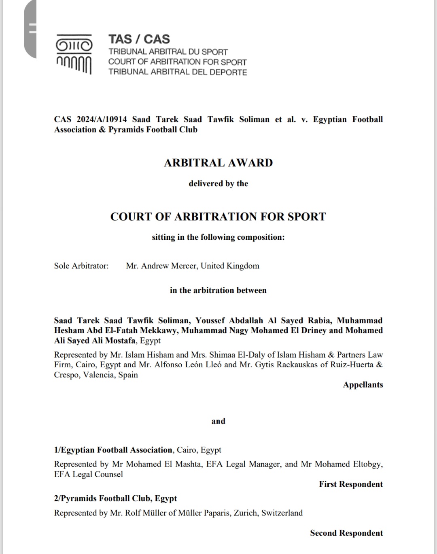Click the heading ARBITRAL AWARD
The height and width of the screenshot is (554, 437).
click(x=218, y=163)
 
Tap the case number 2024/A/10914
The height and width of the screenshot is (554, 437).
click(x=101, y=119)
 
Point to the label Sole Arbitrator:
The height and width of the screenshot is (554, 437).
click(x=81, y=266)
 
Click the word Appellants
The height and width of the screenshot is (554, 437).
click(x=363, y=385)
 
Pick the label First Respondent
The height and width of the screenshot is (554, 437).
click(x=350, y=484)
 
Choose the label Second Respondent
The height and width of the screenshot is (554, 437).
click(x=346, y=533)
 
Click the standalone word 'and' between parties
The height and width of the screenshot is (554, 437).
click(x=218, y=421)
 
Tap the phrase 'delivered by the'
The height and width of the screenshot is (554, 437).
click(x=218, y=183)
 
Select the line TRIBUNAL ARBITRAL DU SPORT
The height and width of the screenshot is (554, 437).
click(x=168, y=52)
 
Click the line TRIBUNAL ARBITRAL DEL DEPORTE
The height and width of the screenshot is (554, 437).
click(x=177, y=72)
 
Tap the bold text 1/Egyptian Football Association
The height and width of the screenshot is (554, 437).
click(x=113, y=450)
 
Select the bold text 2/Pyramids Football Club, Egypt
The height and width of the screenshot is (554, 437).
click(x=115, y=499)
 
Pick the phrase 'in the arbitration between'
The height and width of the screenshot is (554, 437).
click(x=218, y=290)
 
